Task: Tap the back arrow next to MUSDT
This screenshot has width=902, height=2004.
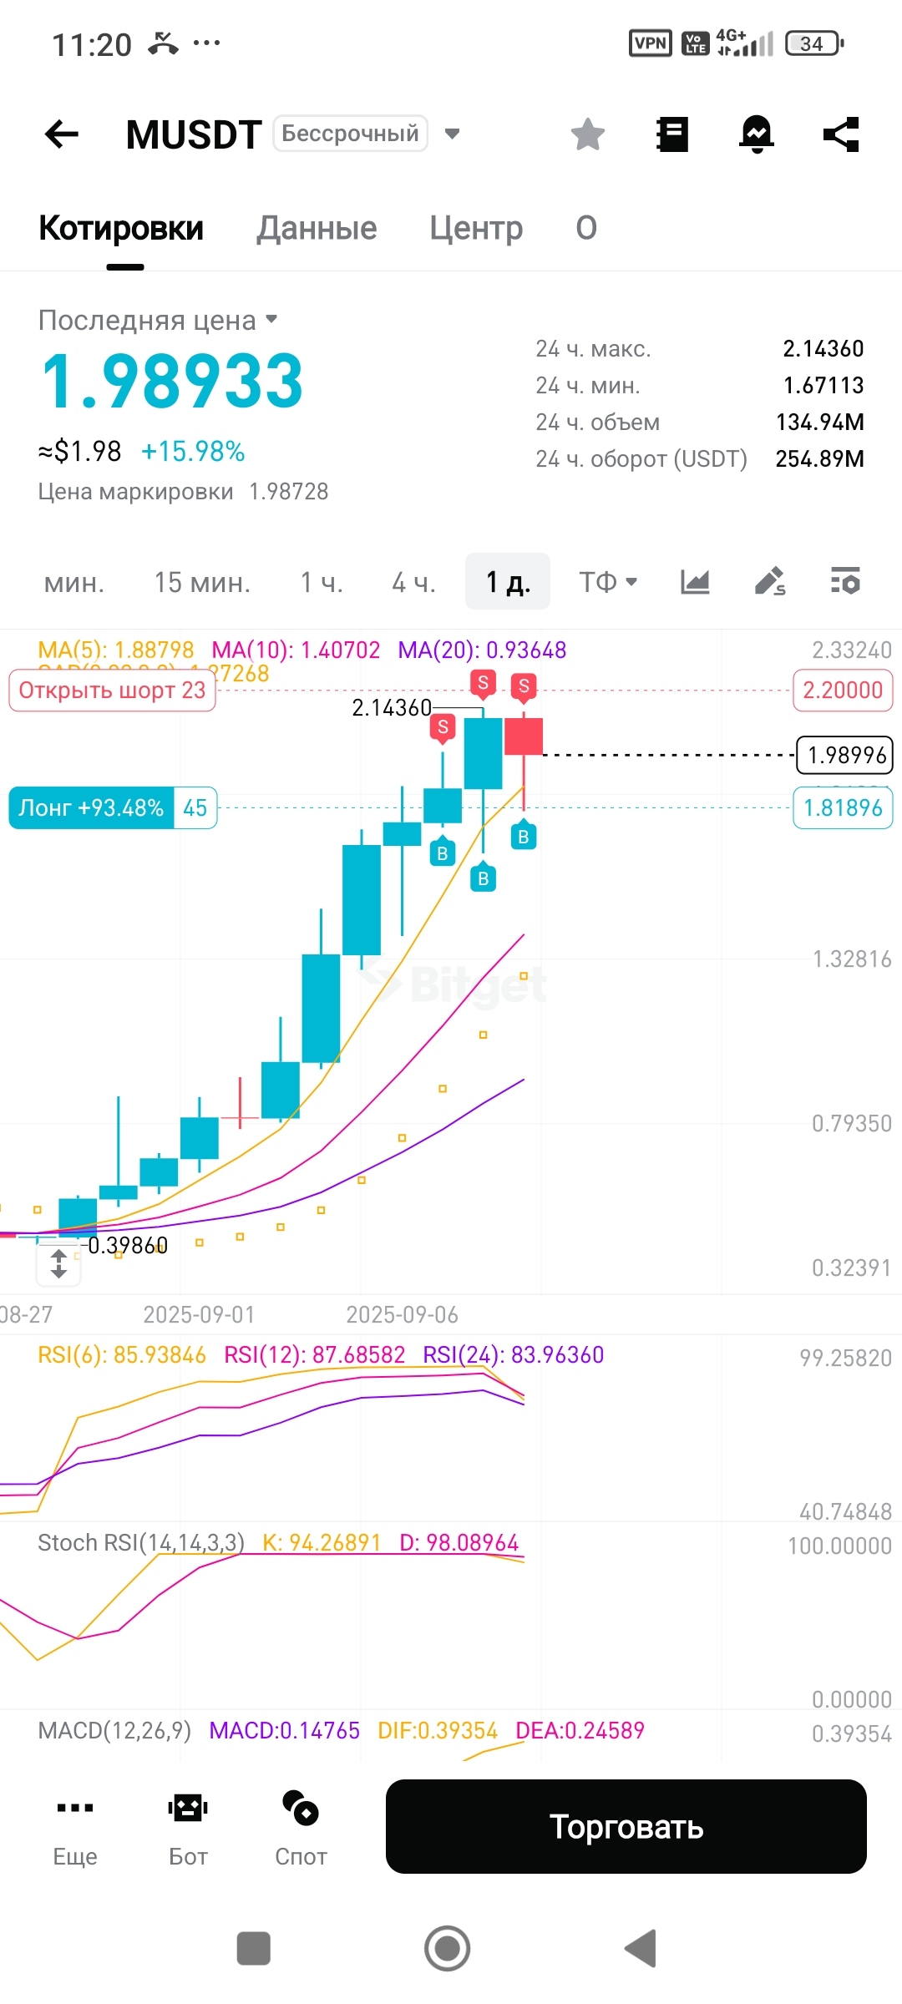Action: (62, 134)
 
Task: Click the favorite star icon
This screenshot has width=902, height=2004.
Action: (588, 134)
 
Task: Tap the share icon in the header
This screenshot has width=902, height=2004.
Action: (841, 134)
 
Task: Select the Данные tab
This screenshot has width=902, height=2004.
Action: (317, 228)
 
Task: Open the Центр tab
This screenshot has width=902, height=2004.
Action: (476, 228)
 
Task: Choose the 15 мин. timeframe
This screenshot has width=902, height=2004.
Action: (202, 582)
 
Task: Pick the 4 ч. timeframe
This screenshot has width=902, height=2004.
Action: (414, 582)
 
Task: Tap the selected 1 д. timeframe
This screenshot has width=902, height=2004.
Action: (508, 582)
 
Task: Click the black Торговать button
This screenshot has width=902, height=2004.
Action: (626, 1826)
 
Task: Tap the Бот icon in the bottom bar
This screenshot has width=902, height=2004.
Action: (188, 1825)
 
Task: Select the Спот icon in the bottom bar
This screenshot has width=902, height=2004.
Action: (301, 1825)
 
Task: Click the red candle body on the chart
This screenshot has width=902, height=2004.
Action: (524, 736)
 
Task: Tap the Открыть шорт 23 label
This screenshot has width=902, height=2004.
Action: (112, 691)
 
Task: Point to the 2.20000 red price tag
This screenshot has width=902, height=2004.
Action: (843, 691)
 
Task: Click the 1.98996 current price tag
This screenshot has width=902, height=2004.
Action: (844, 755)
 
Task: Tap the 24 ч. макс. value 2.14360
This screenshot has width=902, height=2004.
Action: (823, 348)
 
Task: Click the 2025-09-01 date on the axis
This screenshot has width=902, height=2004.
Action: (199, 1314)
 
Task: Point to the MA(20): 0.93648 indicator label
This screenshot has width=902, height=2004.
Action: (482, 650)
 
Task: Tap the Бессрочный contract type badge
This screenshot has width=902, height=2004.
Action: (350, 134)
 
